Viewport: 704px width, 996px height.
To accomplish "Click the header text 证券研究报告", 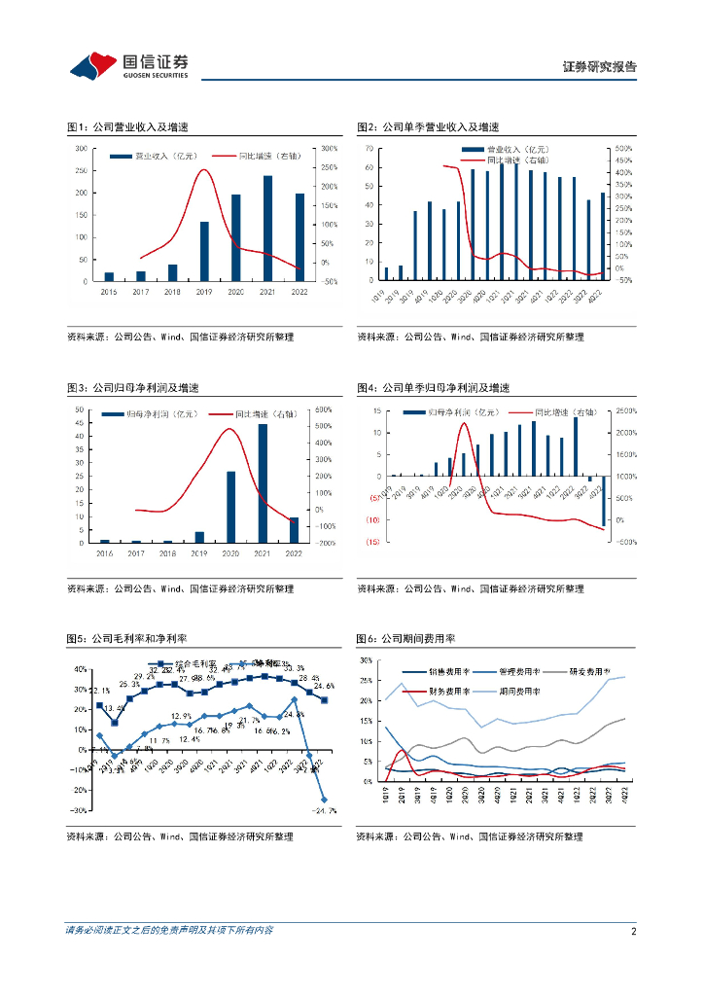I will (x=600, y=67).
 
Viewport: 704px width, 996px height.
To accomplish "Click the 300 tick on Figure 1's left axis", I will (x=85, y=149).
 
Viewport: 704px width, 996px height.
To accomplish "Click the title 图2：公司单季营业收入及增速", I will (x=428, y=127).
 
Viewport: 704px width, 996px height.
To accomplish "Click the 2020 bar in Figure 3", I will (x=230, y=507).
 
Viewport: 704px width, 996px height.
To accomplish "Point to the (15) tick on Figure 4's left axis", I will (x=371, y=543).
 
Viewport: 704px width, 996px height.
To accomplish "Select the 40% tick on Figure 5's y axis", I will (x=80, y=669).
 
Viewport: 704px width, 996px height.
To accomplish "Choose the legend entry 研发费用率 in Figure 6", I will (x=586, y=671).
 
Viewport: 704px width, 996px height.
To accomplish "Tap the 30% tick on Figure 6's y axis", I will (x=366, y=659).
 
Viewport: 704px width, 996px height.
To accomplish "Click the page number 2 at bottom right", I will (x=633, y=931).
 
